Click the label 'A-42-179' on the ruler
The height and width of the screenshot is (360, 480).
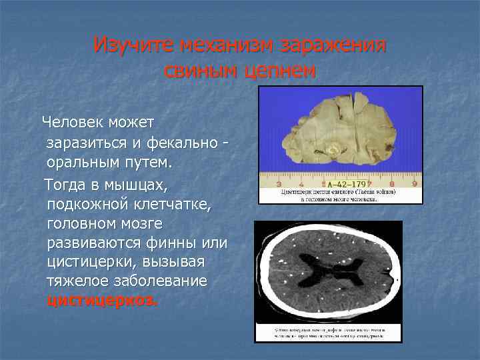coord(347,184)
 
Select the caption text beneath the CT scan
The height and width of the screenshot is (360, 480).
coord(328,333)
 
